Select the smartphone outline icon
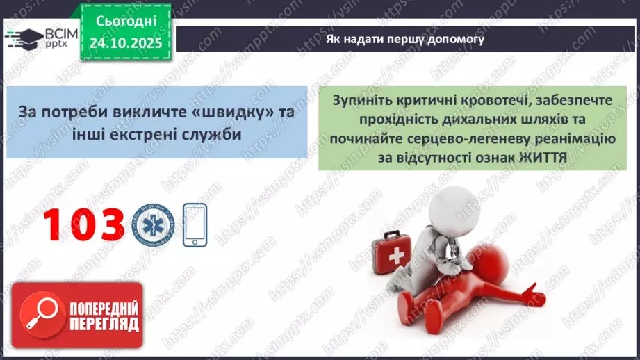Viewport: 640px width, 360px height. click(x=195, y=224)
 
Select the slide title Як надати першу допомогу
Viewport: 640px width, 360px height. click(x=405, y=40)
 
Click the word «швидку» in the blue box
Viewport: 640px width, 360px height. click(x=239, y=113)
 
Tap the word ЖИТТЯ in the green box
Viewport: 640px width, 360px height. click(x=543, y=157)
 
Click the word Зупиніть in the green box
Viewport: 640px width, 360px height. click(x=361, y=101)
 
